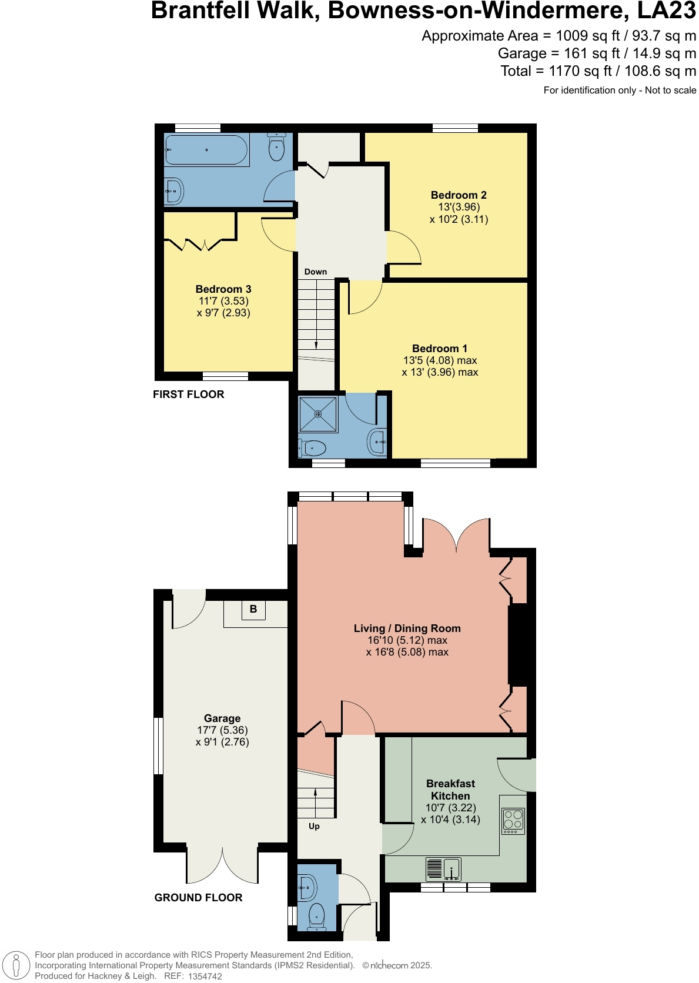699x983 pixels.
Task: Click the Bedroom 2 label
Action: (459, 195)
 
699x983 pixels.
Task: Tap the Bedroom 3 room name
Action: (223, 289)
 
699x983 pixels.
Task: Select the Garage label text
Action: (222, 718)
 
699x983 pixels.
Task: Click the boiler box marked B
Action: (253, 609)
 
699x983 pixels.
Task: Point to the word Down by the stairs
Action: (316, 272)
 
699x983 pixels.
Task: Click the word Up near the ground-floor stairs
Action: (314, 826)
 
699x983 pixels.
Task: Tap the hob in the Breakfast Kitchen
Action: (513, 821)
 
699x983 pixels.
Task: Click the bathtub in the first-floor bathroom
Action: (206, 150)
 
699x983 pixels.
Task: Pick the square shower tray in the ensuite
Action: (318, 414)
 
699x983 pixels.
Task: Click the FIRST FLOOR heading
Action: (188, 394)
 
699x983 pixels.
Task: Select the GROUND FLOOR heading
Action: (198, 898)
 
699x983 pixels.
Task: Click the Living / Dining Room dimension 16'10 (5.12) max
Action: (407, 640)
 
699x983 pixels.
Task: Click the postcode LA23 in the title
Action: (667, 11)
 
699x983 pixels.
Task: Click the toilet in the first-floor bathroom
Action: (277, 147)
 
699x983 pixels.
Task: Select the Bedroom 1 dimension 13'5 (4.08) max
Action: (440, 360)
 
